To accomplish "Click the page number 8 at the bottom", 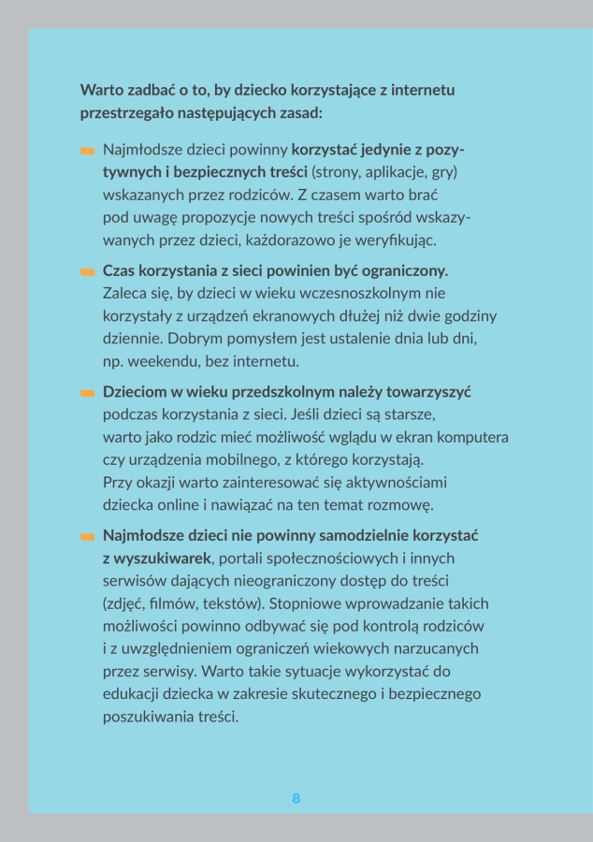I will tap(296, 798).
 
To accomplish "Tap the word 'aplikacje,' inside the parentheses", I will tap(386, 173).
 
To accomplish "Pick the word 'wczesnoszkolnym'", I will tap(345, 293).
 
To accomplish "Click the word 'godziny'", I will tap(469, 315).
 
